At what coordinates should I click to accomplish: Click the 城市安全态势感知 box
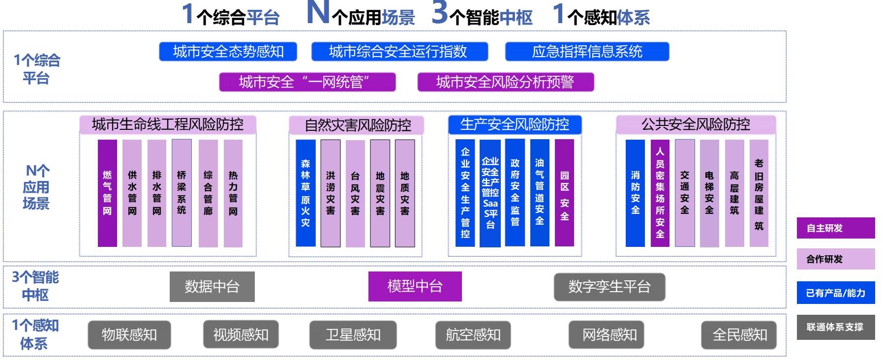pos(228,52)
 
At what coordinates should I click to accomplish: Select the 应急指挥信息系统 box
pos(587,52)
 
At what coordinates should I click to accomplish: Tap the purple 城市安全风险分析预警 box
pos(506,82)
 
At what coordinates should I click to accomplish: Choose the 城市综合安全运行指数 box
pos(399,52)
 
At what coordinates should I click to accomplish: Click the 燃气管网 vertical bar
pos(107,193)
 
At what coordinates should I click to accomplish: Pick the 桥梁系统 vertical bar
pos(182,193)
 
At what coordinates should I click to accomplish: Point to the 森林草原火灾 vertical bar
pos(305,193)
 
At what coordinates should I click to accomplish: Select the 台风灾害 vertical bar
pos(355,193)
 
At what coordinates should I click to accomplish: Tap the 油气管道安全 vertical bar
pos(540,192)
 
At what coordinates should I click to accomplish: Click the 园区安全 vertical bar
pos(564,192)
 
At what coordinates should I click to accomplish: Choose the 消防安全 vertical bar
pos(635,193)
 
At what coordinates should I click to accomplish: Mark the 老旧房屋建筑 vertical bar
pos(759,193)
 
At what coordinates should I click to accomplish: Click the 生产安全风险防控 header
pos(515,124)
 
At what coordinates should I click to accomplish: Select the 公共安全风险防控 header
pos(696,124)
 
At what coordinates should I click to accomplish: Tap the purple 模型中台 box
pos(415,286)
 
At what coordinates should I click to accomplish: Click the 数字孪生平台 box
pos(609,287)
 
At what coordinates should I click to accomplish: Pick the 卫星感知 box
pos(353,335)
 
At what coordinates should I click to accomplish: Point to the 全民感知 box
pos(739,335)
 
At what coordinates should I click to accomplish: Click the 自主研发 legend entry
pos(836,228)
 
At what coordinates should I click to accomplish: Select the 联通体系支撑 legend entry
pos(836,327)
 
